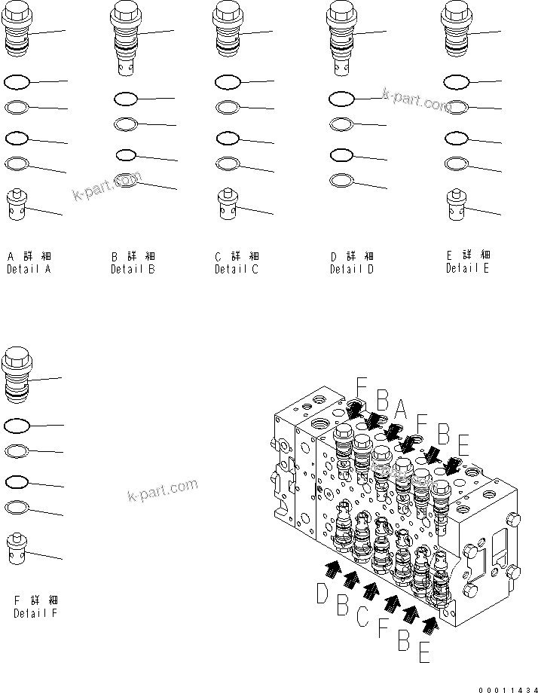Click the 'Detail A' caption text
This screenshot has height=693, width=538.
(x=29, y=269)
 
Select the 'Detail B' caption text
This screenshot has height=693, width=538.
(x=133, y=269)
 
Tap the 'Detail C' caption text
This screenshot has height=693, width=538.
(x=237, y=269)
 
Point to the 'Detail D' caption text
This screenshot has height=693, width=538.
(x=351, y=269)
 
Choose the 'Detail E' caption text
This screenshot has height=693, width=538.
(x=467, y=267)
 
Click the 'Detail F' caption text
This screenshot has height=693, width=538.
(x=35, y=612)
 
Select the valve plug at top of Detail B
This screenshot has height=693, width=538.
(x=125, y=34)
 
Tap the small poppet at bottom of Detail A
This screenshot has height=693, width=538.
(x=17, y=204)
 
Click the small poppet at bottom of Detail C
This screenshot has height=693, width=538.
(x=228, y=204)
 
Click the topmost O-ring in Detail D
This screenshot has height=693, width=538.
(x=341, y=98)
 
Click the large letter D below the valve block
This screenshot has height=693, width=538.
(x=322, y=596)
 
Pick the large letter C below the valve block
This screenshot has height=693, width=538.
(x=363, y=617)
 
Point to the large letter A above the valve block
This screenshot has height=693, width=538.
(x=402, y=408)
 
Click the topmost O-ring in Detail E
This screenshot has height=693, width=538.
(x=456, y=81)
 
